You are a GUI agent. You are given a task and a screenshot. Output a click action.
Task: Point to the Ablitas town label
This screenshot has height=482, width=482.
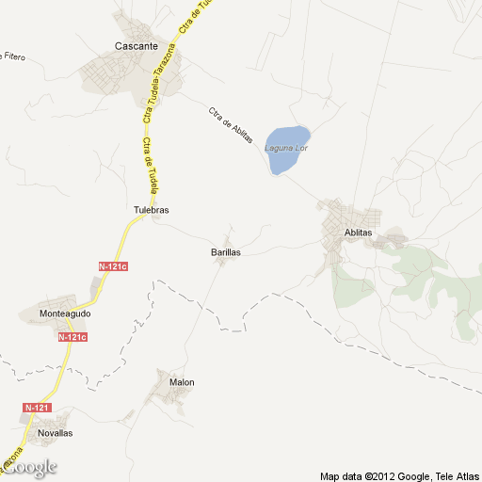click(x=359, y=233)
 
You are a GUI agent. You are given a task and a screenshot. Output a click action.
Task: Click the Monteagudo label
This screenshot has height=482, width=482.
click(x=65, y=313)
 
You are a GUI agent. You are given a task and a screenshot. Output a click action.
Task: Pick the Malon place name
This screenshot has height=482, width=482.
click(x=182, y=382)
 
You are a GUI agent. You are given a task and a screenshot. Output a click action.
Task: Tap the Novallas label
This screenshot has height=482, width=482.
click(x=55, y=433)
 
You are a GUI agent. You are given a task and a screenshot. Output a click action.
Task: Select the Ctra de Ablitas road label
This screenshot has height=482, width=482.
click(x=231, y=125)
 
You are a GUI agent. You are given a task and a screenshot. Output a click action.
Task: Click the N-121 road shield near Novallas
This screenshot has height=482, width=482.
click(x=37, y=408)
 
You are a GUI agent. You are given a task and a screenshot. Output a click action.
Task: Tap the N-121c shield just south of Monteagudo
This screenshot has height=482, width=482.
click(x=72, y=337)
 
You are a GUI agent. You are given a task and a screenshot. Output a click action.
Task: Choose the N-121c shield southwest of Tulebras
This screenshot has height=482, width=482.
click(x=112, y=267)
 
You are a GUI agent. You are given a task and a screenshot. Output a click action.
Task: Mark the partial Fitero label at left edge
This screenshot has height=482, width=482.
click(x=12, y=56)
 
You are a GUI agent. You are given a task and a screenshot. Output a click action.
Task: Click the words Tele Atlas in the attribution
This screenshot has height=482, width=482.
click(x=458, y=475)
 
